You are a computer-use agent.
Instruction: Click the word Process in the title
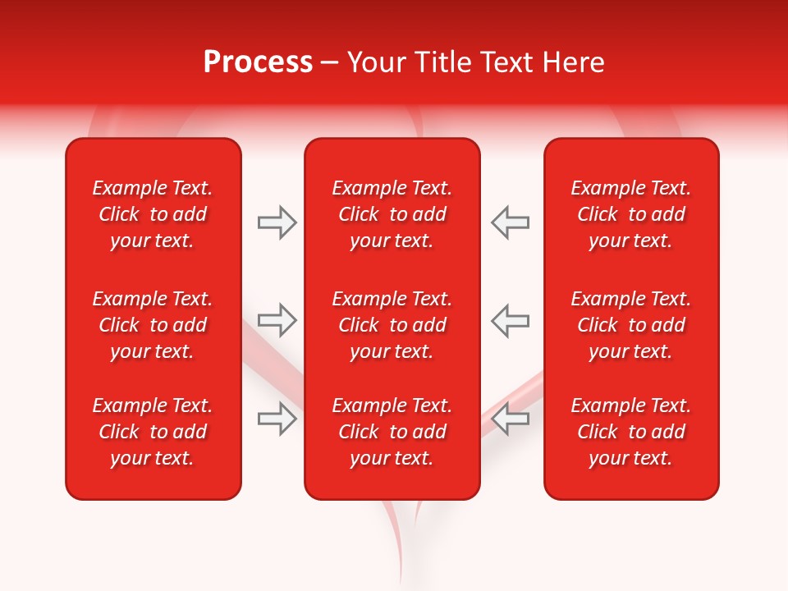(258, 62)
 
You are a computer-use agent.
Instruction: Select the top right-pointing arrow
(277, 222)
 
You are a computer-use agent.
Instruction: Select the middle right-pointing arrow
(277, 320)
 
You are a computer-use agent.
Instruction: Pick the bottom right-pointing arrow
(277, 419)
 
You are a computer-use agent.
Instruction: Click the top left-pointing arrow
(510, 222)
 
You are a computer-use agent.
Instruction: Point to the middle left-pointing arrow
(510, 320)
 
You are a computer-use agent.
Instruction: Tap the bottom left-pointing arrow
(510, 419)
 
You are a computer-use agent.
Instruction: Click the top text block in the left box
(153, 214)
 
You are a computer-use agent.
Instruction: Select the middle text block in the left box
(153, 325)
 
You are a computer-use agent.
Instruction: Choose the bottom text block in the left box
(153, 432)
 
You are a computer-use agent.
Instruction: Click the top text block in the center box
(392, 214)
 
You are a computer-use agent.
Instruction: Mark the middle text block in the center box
(392, 325)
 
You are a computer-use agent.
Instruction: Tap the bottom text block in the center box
(392, 432)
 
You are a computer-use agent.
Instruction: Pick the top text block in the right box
(631, 214)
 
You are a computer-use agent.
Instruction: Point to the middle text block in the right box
(631, 325)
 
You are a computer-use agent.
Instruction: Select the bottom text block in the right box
(631, 432)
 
